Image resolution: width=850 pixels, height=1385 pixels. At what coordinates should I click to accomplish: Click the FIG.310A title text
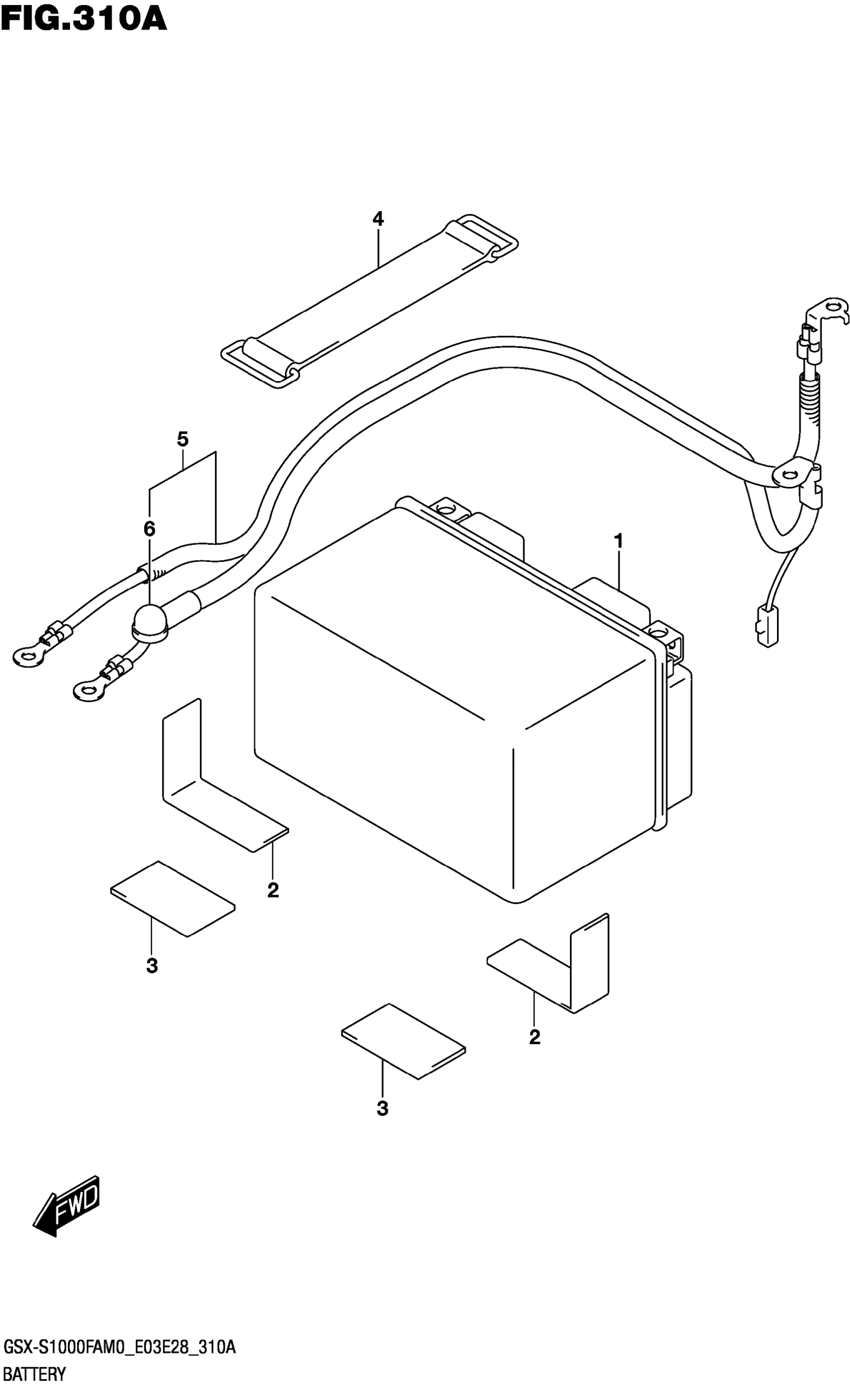tap(84, 18)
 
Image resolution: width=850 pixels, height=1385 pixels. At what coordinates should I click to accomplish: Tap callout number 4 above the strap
tap(378, 219)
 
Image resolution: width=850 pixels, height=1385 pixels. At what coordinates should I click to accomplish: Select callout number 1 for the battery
tap(618, 542)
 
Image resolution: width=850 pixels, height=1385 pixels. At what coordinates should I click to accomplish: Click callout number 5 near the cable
tap(182, 439)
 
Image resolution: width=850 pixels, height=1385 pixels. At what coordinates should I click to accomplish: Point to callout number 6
tap(149, 529)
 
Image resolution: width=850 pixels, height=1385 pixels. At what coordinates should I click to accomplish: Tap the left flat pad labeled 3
tap(172, 898)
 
